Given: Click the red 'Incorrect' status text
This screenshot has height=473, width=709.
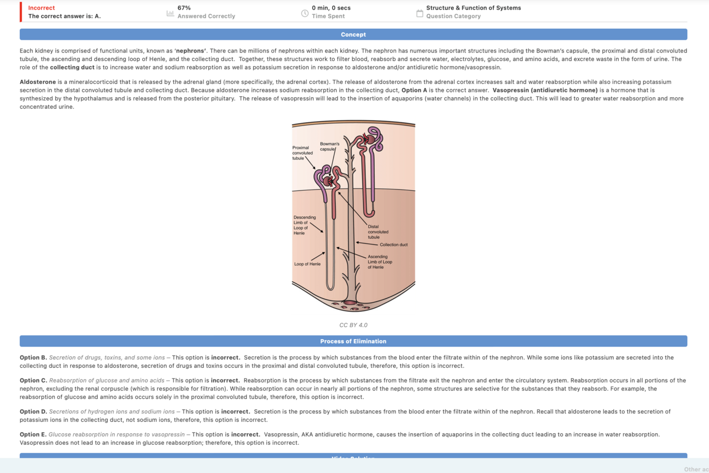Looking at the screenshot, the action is click(41, 8).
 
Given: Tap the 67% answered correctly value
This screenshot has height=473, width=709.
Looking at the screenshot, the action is click(184, 8).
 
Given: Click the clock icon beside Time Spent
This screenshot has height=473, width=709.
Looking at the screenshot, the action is click(305, 13).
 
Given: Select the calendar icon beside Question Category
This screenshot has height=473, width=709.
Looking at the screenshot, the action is click(419, 13).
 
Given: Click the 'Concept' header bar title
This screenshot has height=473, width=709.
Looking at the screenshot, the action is click(353, 35).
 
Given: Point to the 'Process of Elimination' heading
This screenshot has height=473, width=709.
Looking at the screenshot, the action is click(353, 341).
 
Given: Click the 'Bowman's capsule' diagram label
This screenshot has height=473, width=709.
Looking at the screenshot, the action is click(330, 147).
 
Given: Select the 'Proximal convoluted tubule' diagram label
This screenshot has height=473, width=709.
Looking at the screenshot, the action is click(302, 153).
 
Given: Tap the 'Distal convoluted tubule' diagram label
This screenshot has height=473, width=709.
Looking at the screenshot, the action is click(378, 232).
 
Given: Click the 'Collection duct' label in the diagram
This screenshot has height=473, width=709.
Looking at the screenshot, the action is click(393, 244).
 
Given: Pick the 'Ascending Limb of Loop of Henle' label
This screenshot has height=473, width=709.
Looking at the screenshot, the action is click(380, 262).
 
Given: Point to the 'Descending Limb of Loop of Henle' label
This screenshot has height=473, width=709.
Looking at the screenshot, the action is click(305, 225).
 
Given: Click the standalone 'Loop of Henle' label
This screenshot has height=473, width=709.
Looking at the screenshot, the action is click(307, 264).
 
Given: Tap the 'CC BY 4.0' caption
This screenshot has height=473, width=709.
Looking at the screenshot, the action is click(353, 325).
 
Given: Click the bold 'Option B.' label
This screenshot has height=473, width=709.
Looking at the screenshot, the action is click(33, 358).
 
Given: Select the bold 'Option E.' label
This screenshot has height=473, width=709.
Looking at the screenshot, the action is click(33, 434).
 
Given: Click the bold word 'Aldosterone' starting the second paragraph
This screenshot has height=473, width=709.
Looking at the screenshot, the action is click(38, 82).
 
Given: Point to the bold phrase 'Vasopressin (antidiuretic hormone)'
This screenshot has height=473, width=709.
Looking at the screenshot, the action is click(545, 90).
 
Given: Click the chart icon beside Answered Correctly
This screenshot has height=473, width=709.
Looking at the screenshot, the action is click(170, 13).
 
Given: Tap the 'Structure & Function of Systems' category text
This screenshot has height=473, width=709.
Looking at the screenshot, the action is click(474, 8).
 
